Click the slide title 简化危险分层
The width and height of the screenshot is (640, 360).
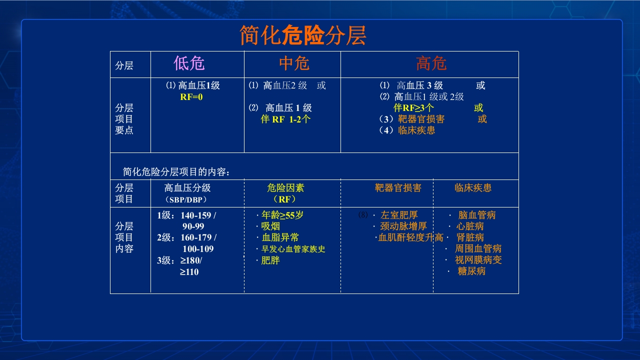(303, 35)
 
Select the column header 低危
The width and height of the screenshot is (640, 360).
(189, 63)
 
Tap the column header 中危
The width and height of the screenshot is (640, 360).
(294, 63)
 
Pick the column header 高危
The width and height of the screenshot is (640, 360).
(431, 63)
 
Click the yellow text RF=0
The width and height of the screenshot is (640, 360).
(191, 97)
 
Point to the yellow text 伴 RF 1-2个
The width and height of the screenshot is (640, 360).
(285, 119)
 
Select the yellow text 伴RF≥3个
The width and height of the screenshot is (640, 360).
(413, 108)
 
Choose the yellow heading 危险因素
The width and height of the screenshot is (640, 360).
(285, 188)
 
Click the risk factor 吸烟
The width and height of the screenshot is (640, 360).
(270, 226)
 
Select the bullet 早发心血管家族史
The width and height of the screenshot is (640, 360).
(293, 249)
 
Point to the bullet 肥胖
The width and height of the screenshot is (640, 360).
(270, 260)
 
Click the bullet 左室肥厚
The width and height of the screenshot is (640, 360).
(399, 215)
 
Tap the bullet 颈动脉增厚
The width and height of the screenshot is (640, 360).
(403, 226)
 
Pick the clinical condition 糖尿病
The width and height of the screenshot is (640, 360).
(471, 271)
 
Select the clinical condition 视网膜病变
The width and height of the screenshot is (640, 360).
(478, 260)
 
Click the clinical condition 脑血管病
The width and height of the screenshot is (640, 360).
(477, 215)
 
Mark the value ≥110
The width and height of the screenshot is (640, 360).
(189, 272)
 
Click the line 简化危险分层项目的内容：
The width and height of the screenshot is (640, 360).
(176, 172)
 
